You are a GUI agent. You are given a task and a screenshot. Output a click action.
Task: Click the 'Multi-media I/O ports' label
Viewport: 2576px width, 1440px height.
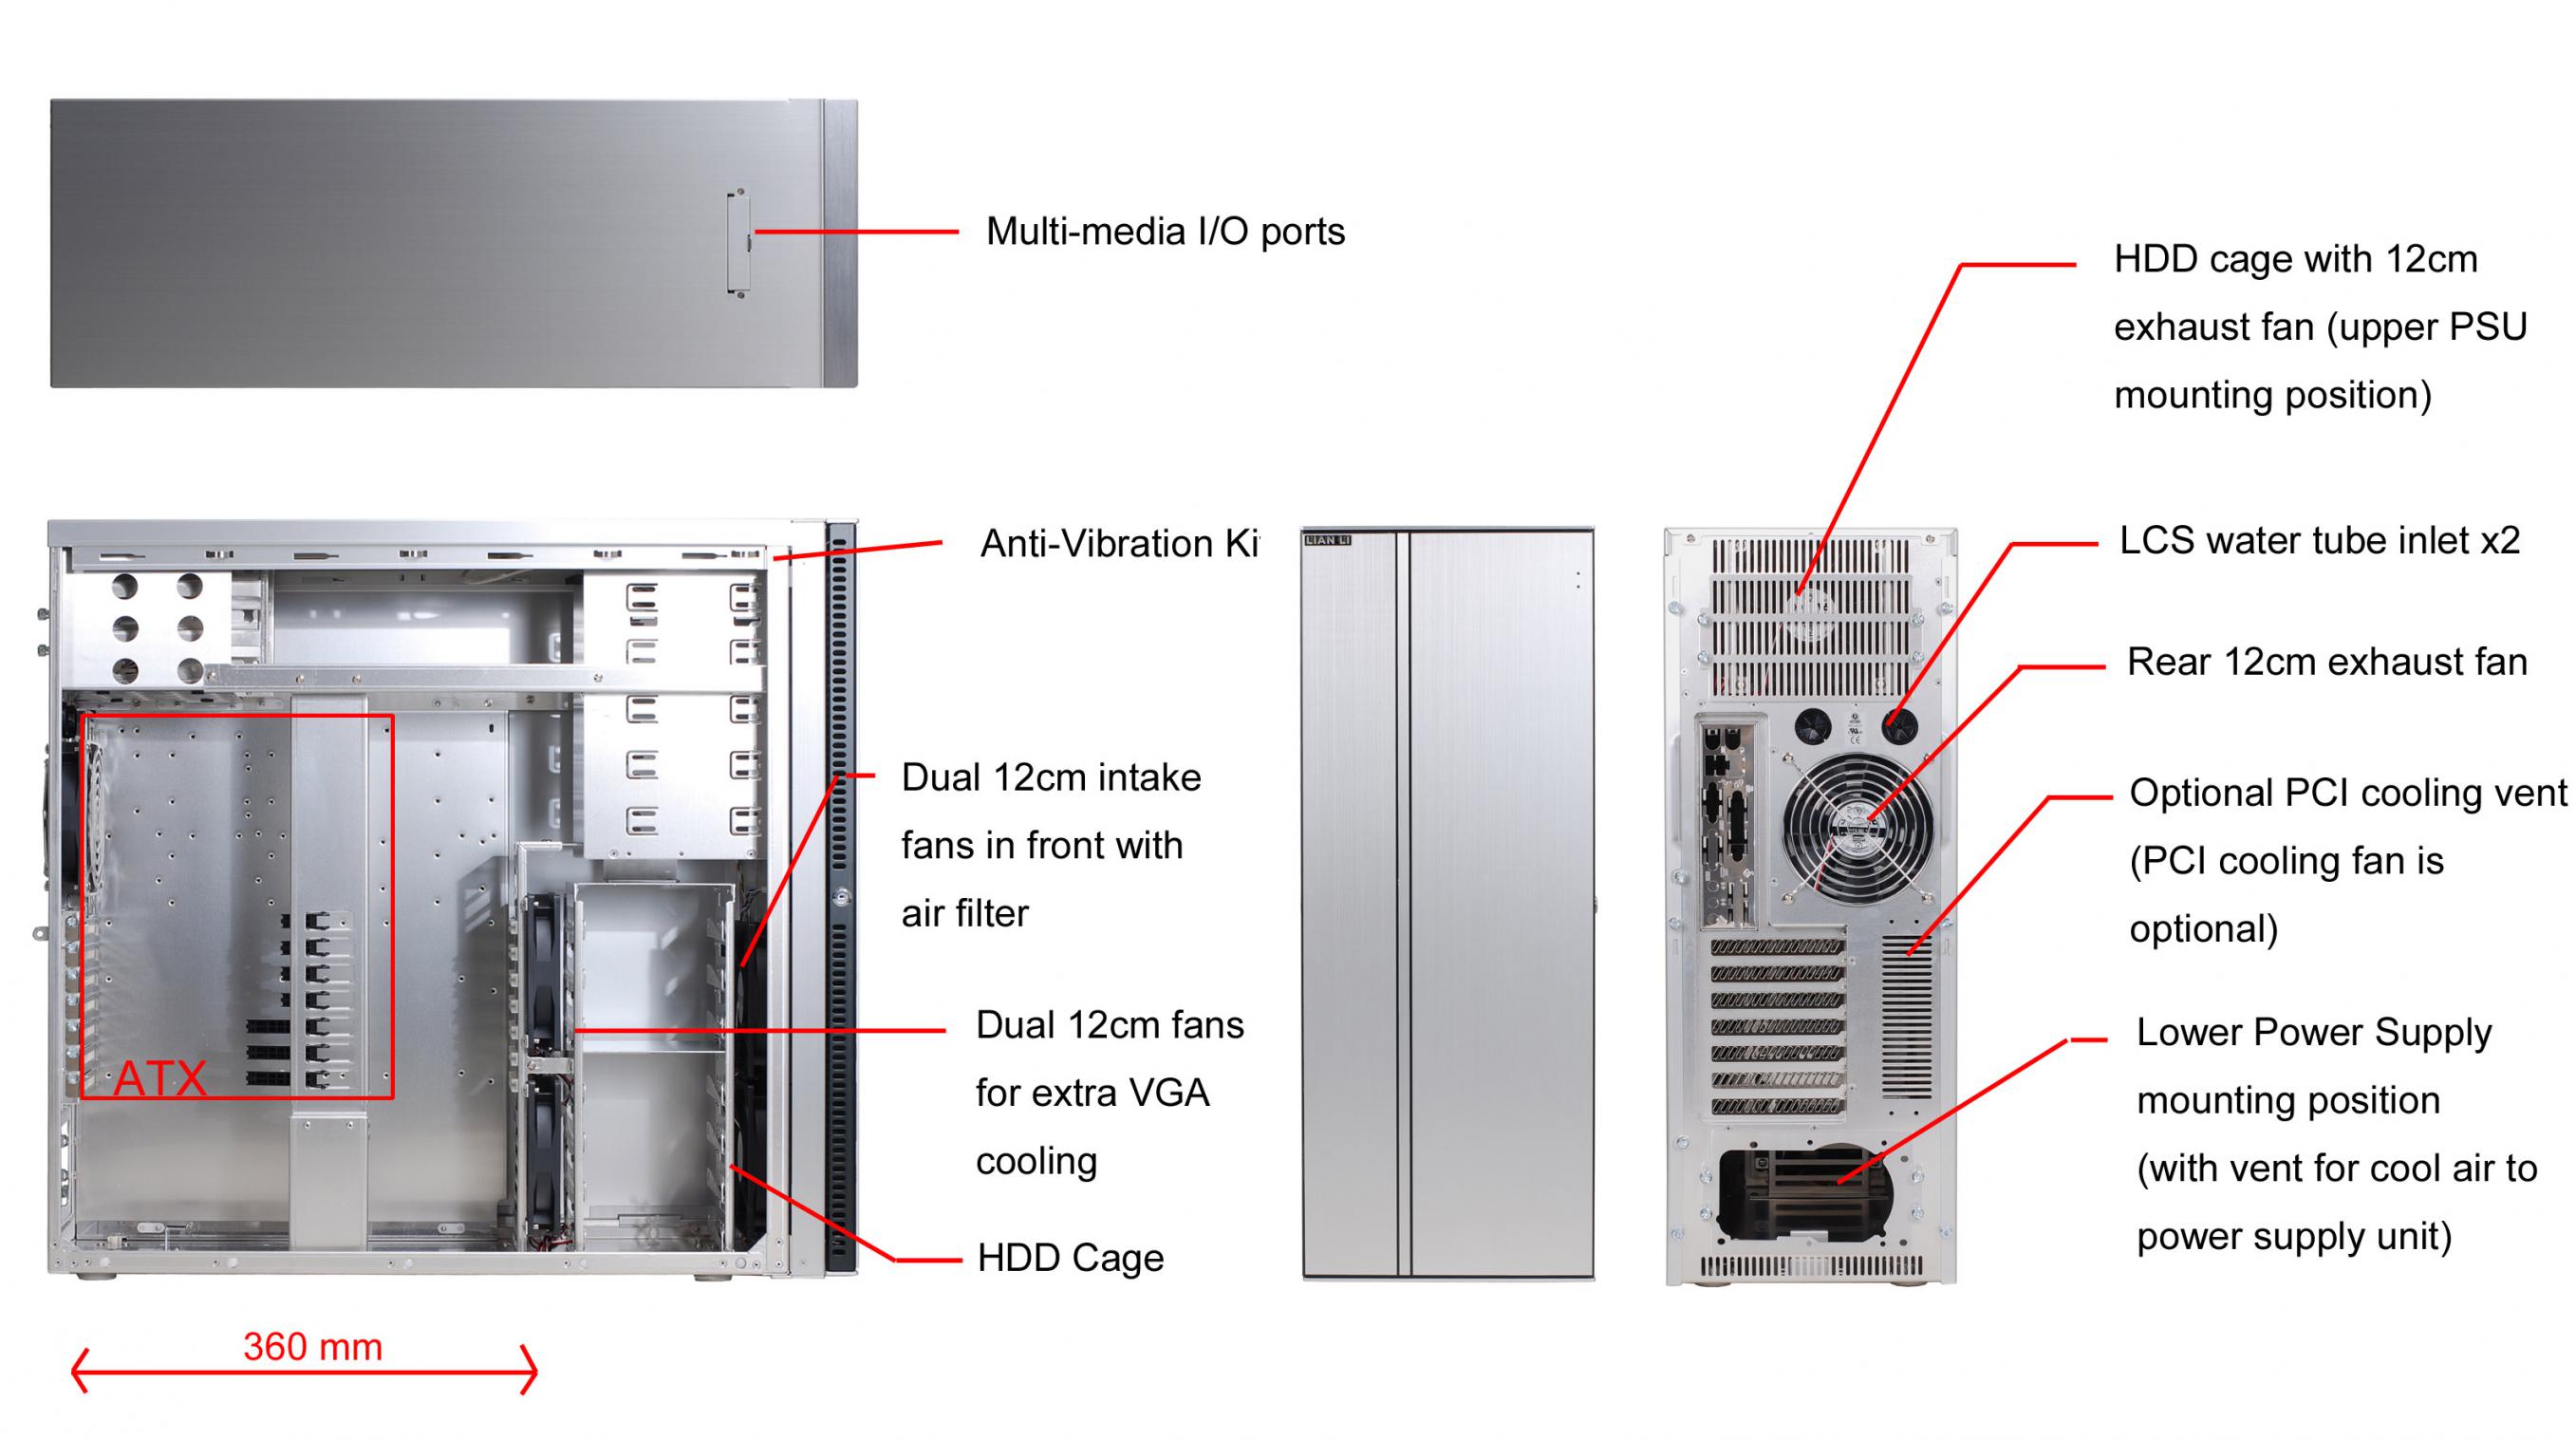pos(1165,232)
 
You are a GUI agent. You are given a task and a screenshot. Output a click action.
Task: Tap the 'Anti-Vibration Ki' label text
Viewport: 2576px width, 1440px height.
pos(1120,544)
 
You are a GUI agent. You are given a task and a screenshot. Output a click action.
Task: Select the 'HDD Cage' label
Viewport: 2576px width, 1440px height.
pos(1070,1258)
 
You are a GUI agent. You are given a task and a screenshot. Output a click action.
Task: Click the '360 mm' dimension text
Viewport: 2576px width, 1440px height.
pos(313,1347)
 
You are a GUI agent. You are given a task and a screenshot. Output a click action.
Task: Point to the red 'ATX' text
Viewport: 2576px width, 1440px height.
pos(160,1079)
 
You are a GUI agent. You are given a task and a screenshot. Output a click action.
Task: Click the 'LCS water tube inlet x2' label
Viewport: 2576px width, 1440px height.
pos(2320,541)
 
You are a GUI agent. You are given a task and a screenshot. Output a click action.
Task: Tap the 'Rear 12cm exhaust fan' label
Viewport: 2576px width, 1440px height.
pos(2327,662)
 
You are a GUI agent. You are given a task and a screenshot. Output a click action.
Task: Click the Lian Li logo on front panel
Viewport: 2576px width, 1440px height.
pos(1328,540)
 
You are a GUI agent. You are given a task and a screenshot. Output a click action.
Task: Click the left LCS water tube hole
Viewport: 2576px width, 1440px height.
pos(1812,725)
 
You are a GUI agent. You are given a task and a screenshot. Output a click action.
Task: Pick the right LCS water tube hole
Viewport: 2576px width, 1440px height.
pos(1899,725)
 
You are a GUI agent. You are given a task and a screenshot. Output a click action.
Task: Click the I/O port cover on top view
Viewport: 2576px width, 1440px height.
pos(739,243)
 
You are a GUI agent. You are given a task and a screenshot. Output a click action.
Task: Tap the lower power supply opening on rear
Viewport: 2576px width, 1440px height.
pos(1806,1193)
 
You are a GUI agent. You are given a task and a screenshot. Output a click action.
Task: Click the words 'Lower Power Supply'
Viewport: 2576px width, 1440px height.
pos(2314,1033)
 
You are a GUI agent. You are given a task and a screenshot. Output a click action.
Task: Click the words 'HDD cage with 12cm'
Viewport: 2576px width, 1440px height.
pos(2296,260)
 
